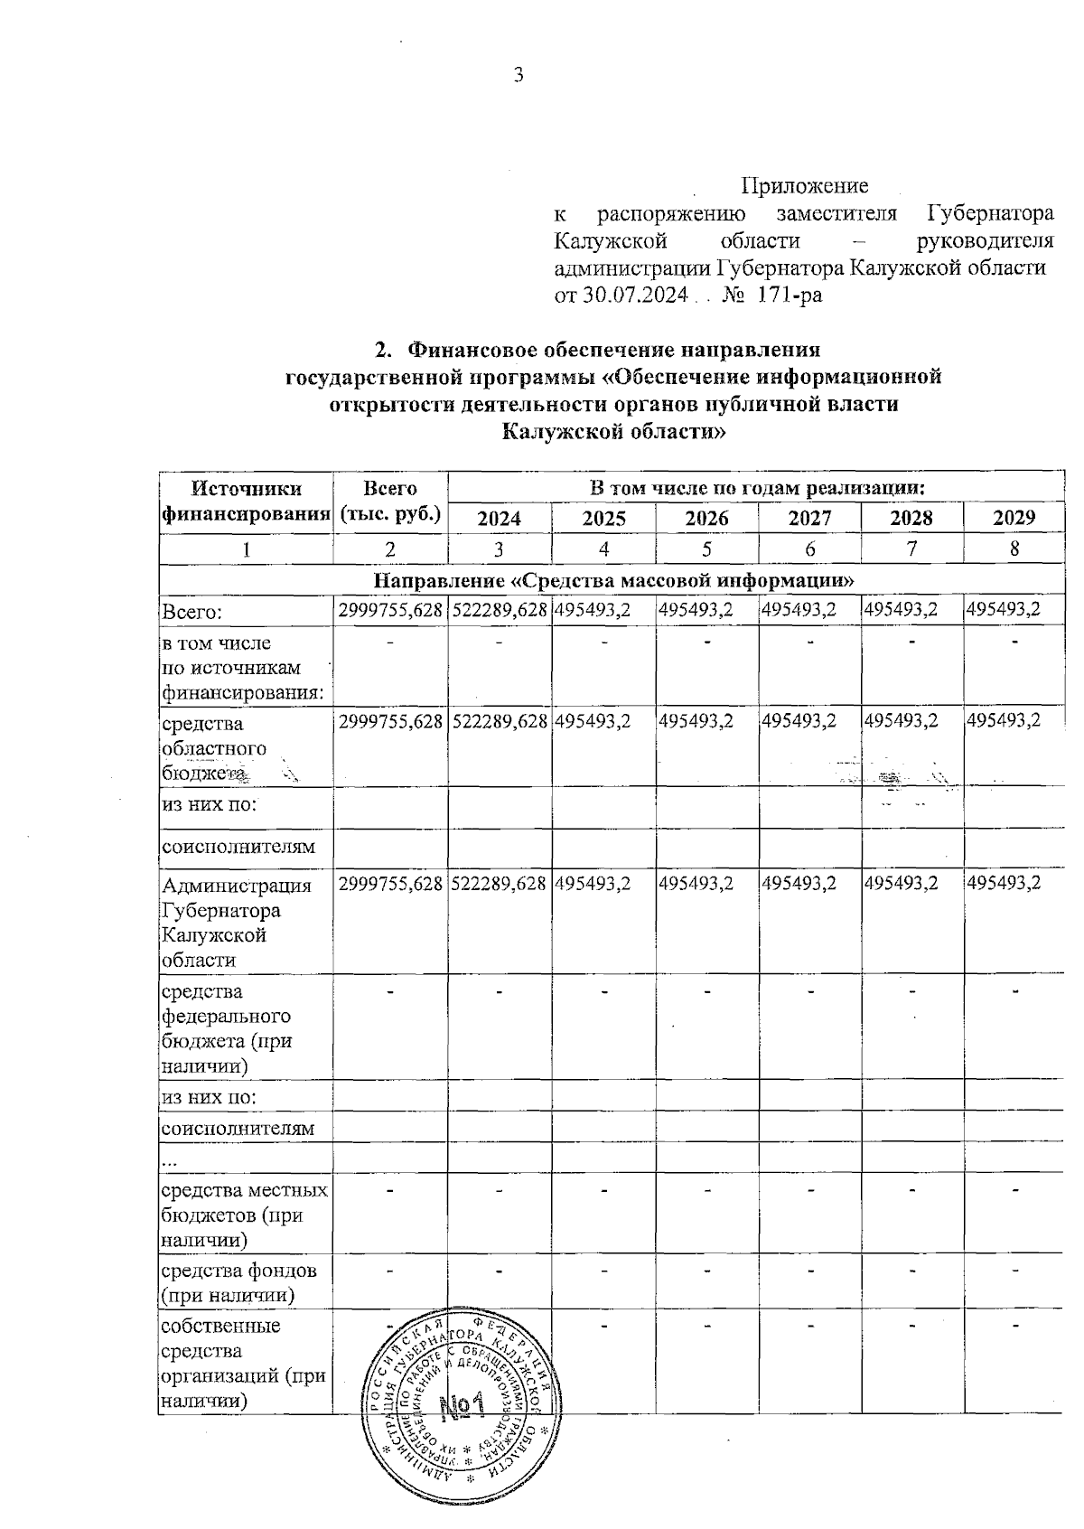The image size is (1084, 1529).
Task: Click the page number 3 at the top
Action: [x=519, y=75]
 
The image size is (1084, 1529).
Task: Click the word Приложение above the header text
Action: [x=804, y=186]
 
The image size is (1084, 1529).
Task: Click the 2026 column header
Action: [x=706, y=518]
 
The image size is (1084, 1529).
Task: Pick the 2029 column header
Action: [x=1014, y=518]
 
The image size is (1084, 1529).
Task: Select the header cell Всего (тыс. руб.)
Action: [x=390, y=502]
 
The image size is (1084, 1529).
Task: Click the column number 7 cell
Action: [x=911, y=549]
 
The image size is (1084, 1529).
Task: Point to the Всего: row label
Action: [x=192, y=612]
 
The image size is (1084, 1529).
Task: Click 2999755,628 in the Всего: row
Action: [x=390, y=610]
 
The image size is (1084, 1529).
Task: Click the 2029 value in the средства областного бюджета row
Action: [x=1003, y=720]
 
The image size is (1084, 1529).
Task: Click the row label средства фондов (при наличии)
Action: [x=238, y=1282]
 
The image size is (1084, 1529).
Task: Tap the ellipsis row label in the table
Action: [x=168, y=1158]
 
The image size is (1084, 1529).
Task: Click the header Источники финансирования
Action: [x=246, y=502]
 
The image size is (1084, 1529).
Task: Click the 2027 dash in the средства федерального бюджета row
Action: [x=810, y=992]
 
